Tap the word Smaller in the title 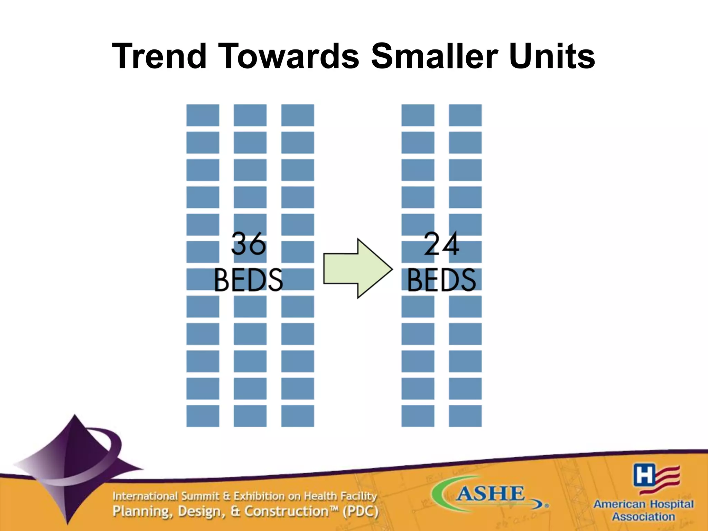pos(435,56)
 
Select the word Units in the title pos(552,56)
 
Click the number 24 pos(441,244)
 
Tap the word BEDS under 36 pos(248,280)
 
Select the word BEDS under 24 pos(441,280)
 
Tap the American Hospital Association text pos(643,510)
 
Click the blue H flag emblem pos(656,479)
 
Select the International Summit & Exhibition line pos(244,496)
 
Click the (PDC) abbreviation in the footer pos(361,511)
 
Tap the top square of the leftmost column pos(203,115)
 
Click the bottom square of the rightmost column pos(465,416)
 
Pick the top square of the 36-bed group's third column pos(297,115)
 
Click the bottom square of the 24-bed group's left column pos(418,416)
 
